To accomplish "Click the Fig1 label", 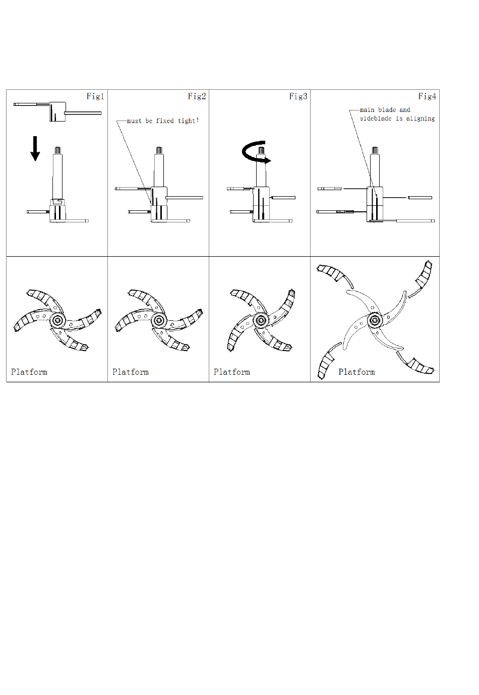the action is pyautogui.click(x=95, y=96).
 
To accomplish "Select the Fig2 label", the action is pyautogui.click(x=197, y=96).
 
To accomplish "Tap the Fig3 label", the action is pyautogui.click(x=298, y=96).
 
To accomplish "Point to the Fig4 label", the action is pyautogui.click(x=427, y=96).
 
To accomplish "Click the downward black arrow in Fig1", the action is pyautogui.click(x=35, y=148).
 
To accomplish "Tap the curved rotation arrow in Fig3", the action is pyautogui.click(x=255, y=152).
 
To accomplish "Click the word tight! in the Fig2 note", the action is pyautogui.click(x=188, y=121).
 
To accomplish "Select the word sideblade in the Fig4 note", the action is pyautogui.click(x=375, y=119).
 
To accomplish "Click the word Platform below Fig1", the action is pyautogui.click(x=29, y=372).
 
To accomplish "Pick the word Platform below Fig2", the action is pyautogui.click(x=130, y=372).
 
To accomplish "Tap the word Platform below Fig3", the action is pyautogui.click(x=232, y=372).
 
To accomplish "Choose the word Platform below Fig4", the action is pyautogui.click(x=356, y=372).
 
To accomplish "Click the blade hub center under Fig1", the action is pyautogui.click(x=57, y=320).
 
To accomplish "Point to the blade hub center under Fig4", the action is pyautogui.click(x=375, y=320).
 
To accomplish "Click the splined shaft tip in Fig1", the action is pyautogui.click(x=57, y=150).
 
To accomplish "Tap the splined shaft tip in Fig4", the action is pyautogui.click(x=375, y=150).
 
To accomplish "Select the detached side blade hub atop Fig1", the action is pyautogui.click(x=57, y=111).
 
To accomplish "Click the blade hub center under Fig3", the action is pyautogui.click(x=260, y=320).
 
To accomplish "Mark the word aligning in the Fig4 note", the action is pyautogui.click(x=421, y=119).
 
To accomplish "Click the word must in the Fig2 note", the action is pyautogui.click(x=134, y=121).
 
